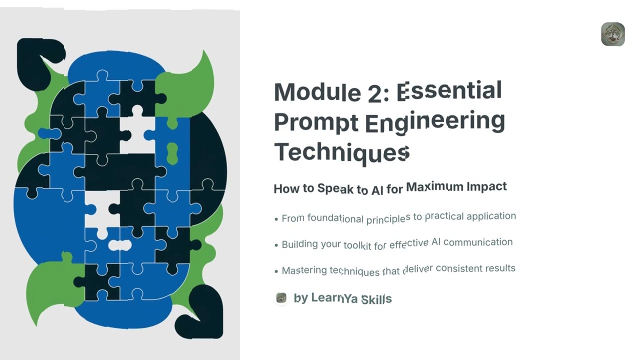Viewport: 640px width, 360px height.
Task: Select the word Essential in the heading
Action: coord(449,91)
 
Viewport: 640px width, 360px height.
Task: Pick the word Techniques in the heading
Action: coord(341,152)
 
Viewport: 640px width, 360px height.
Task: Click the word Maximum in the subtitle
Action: coord(433,187)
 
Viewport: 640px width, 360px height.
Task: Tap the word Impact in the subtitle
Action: coord(486,186)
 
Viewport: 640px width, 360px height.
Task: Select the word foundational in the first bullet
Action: coord(335,218)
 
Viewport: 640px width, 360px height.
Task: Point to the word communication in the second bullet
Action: coord(478,242)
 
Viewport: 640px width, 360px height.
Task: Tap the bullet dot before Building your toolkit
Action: coord(276,245)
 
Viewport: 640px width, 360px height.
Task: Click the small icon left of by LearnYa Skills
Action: coord(281,298)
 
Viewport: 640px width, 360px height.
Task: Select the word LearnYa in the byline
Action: coord(334,298)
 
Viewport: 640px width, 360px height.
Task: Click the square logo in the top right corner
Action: coord(612,34)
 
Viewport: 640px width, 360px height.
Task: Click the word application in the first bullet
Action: coord(491,216)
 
